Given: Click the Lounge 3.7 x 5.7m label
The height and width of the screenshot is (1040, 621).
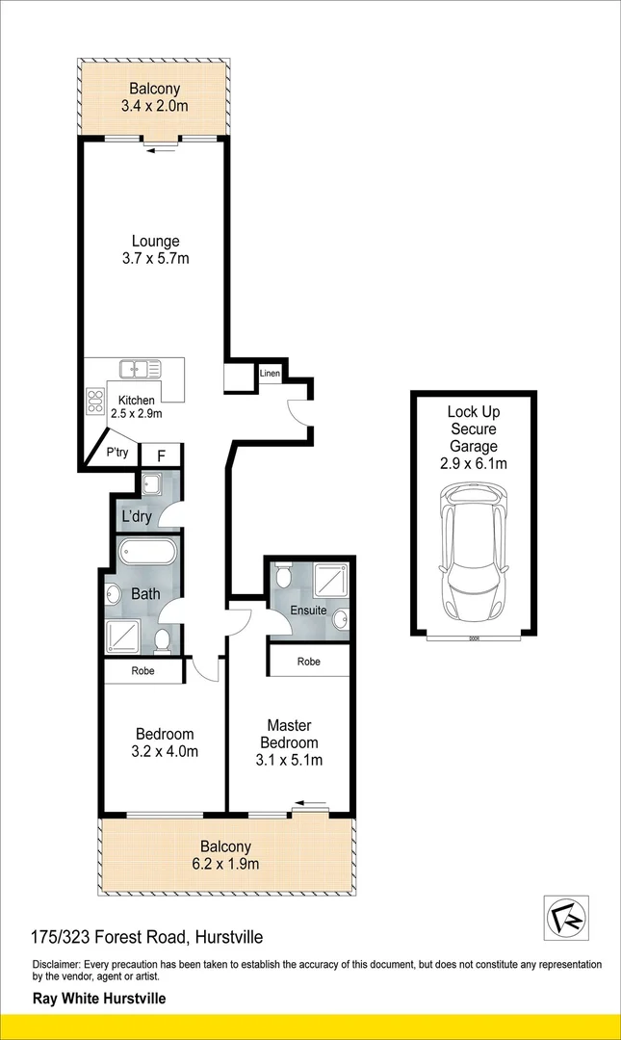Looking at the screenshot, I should [x=156, y=249].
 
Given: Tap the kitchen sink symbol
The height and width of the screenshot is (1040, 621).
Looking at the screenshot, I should [x=140, y=368].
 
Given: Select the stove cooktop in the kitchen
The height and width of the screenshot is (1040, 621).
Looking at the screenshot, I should [x=96, y=401].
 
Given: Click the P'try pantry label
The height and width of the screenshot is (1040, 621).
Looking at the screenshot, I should [x=116, y=453].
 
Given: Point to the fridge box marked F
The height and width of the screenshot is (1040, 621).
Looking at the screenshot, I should [x=161, y=455].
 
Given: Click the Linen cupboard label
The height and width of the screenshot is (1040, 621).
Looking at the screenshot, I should [x=270, y=373].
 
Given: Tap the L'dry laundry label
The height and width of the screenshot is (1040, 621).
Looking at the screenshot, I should [x=136, y=517].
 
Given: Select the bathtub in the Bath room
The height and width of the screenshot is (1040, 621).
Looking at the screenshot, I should [x=147, y=553].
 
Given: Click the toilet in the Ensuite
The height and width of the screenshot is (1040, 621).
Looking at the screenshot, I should [x=281, y=577].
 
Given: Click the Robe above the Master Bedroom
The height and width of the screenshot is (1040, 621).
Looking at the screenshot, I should [x=308, y=662].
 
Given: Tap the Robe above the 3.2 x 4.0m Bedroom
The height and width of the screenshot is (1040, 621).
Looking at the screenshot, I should [x=142, y=670].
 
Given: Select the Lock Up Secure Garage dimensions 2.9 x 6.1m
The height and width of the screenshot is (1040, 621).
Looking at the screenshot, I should [x=472, y=463].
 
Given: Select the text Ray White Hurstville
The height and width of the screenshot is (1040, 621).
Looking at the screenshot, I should [x=99, y=999].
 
